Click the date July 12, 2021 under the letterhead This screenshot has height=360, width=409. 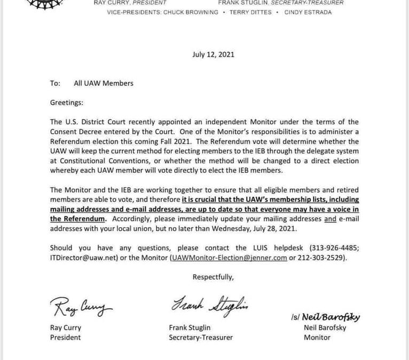tap(213, 54)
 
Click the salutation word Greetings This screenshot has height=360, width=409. tap(67, 102)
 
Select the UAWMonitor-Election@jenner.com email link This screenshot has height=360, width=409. tap(229, 258)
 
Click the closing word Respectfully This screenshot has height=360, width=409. tap(213, 277)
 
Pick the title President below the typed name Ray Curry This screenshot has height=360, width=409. tap(66, 337)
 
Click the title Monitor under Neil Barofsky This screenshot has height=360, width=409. tap(317, 337)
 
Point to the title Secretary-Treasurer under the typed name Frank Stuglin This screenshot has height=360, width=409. tap(200, 337)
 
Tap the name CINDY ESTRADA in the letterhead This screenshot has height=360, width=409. tap(308, 12)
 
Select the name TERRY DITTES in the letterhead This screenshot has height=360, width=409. tap(250, 12)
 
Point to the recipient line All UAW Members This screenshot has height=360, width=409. tap(104, 83)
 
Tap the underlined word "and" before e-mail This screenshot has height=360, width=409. tap(331, 219)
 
